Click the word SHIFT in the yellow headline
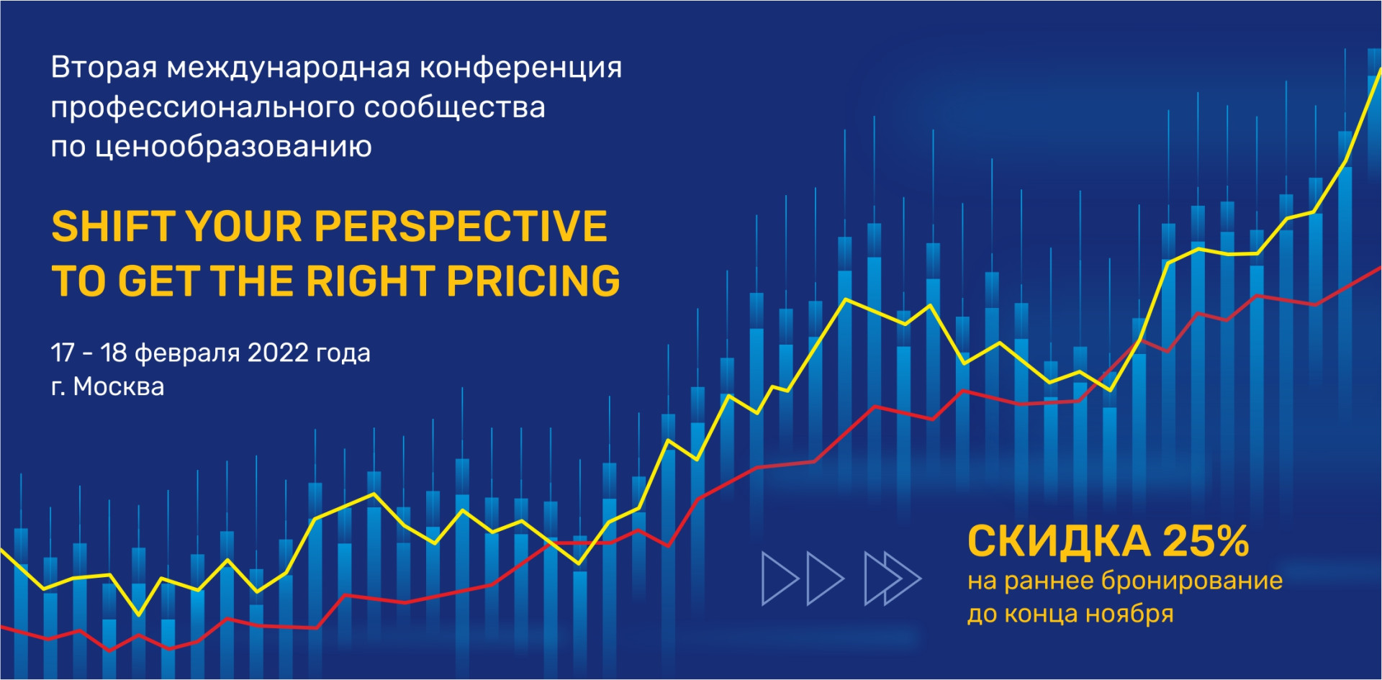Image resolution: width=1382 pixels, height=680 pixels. [113, 227]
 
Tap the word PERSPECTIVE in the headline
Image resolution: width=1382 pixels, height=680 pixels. [461, 227]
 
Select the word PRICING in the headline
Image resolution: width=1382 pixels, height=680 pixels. [533, 281]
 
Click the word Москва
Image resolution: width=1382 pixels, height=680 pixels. [119, 387]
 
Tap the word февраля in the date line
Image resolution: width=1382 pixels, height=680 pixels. [187, 354]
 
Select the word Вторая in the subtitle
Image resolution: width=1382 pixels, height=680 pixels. [104, 68]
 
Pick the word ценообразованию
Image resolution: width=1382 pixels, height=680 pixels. [233, 148]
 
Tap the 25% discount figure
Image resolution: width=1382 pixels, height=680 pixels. [1206, 541]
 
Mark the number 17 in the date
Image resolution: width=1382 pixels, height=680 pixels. [63, 353]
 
